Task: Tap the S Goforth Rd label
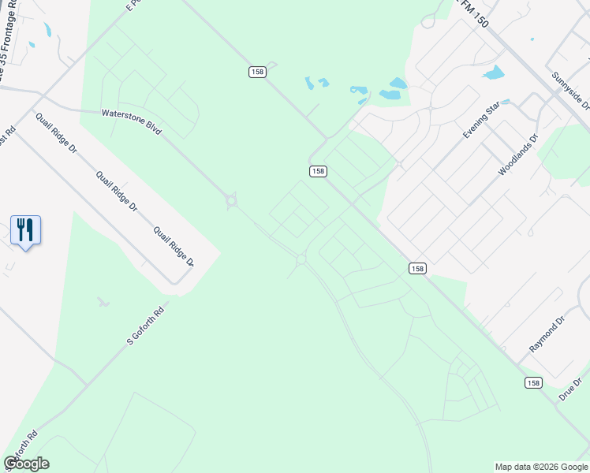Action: point(146,324)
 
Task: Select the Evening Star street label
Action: point(482,121)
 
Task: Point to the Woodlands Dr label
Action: point(517,155)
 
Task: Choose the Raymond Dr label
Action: point(547,334)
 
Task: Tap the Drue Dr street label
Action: point(570,389)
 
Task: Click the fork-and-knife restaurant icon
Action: point(25,229)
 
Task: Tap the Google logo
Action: point(26,464)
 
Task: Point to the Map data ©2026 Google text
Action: point(540,467)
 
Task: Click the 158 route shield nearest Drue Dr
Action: point(534,382)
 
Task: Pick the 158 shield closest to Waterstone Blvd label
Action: point(257,72)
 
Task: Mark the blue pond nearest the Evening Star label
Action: point(494,73)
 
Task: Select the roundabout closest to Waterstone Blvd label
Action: point(231,201)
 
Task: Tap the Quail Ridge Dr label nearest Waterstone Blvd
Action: point(56,132)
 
